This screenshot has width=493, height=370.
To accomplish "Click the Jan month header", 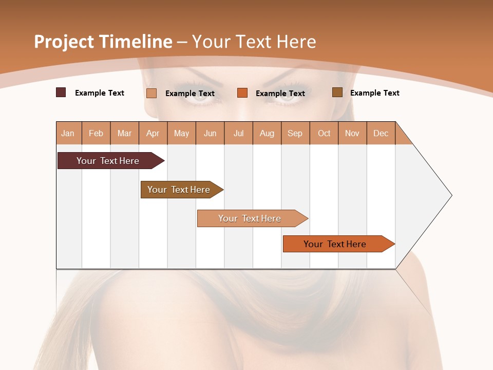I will click(x=68, y=133).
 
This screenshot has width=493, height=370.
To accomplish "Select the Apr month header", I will click(x=153, y=133).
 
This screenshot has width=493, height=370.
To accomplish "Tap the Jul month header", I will click(x=238, y=133).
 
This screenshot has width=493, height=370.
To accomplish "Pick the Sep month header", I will click(x=295, y=133).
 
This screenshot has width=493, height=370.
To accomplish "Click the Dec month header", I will click(x=381, y=133).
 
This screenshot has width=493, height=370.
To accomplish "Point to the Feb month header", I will click(x=96, y=133).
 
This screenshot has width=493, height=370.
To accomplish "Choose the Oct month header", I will click(x=324, y=133).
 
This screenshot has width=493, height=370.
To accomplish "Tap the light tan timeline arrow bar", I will click(x=251, y=218).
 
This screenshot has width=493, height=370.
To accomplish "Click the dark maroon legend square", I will click(x=61, y=92).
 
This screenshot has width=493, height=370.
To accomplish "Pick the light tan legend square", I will click(x=151, y=93).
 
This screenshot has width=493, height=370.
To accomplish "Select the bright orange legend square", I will click(x=242, y=92).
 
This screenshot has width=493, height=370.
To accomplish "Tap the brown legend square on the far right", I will click(x=337, y=92).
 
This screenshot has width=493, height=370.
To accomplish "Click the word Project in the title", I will click(x=64, y=42).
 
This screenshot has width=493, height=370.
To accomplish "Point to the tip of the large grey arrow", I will click(x=450, y=195).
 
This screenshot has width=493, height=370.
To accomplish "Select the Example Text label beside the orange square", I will click(x=280, y=94).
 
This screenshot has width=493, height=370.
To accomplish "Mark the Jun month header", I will click(x=210, y=133).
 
